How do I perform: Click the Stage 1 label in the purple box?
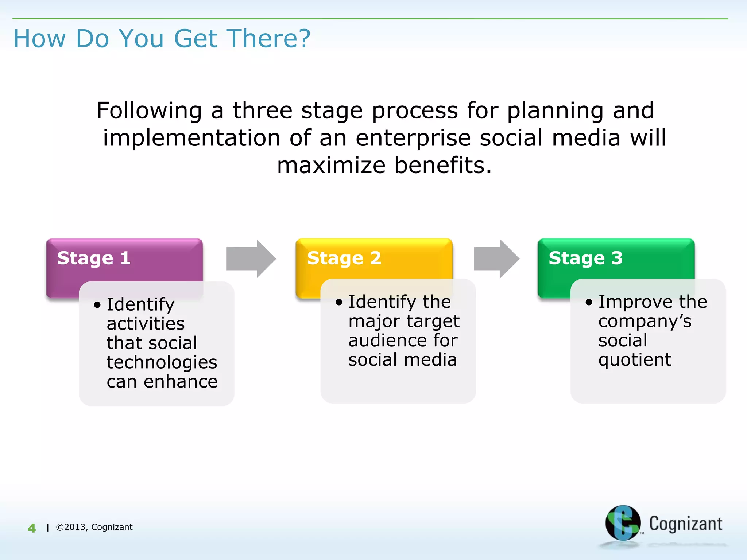click(x=94, y=258)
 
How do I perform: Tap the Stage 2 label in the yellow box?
click(x=344, y=258)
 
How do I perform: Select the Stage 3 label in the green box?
click(x=585, y=258)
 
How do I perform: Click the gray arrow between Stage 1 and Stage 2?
click(x=251, y=258)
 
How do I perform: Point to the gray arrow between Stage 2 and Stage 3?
click(x=496, y=258)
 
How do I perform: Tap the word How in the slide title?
click(x=40, y=38)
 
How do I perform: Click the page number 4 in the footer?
click(x=32, y=528)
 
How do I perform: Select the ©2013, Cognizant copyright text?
click(x=94, y=527)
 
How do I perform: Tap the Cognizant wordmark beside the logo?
click(x=685, y=524)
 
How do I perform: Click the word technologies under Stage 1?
click(x=162, y=362)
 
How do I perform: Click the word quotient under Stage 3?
click(x=635, y=360)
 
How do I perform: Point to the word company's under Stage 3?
click(x=645, y=321)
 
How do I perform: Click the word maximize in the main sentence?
click(x=331, y=165)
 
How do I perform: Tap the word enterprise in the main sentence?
click(x=413, y=138)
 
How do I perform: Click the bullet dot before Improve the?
click(x=589, y=302)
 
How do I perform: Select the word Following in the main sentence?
click(x=149, y=110)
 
